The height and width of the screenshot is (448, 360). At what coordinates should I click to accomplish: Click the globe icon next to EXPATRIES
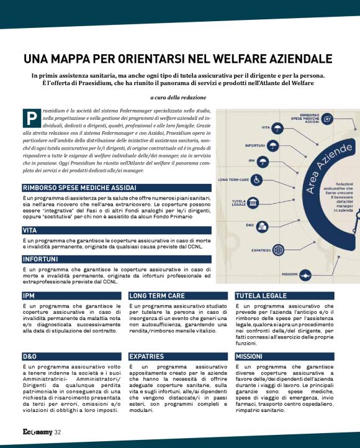278,250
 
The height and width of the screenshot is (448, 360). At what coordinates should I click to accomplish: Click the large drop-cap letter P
31,117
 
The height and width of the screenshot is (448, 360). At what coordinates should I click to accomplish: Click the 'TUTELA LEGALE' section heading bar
284,296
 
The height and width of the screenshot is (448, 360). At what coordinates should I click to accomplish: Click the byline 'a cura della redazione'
178,98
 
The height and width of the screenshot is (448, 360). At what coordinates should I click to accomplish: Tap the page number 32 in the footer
57,432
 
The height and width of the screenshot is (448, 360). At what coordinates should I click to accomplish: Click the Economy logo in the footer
37,432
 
